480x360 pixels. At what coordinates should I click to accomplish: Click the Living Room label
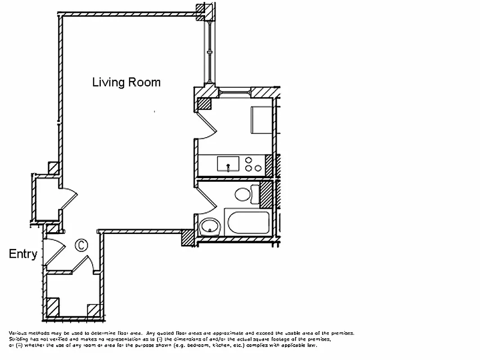tap(126, 82)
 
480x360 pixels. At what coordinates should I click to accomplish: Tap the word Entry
tap(23, 254)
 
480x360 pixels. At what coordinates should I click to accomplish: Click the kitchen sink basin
tap(229, 163)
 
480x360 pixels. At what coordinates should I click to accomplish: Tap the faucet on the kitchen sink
tap(229, 168)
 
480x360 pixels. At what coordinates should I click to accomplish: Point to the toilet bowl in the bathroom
tap(242, 194)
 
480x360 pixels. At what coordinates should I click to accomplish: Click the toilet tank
tap(256, 194)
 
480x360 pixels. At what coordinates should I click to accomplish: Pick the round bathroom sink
tap(209, 226)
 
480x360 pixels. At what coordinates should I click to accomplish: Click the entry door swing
tap(53, 252)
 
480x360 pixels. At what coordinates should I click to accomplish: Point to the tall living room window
tap(210, 52)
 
